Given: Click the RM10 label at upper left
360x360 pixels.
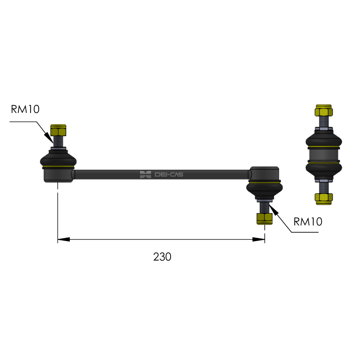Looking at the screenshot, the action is (25, 109).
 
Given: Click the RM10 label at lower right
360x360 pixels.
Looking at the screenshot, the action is (308, 221).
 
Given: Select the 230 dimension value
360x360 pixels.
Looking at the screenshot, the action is (162, 256).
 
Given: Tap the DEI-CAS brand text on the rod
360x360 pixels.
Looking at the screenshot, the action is (169, 175).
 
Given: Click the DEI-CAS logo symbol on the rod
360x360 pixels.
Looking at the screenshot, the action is (145, 175).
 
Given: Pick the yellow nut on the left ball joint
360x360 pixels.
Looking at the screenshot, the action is (58, 130).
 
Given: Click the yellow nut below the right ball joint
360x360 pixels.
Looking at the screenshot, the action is (265, 219).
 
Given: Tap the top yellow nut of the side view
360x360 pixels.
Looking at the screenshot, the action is (324, 110).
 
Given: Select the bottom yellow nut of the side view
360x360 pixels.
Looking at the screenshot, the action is (324, 199).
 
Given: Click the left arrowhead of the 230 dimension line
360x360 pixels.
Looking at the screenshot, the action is (63, 239).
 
